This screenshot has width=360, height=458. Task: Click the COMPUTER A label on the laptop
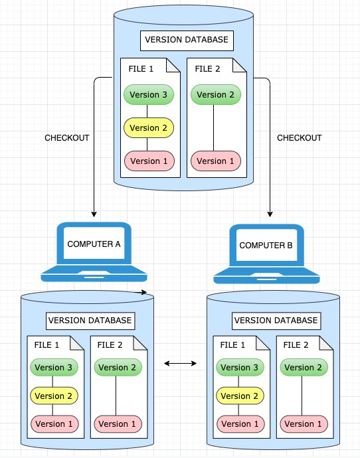[x=94, y=244]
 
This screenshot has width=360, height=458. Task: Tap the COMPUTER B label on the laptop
[x=266, y=246]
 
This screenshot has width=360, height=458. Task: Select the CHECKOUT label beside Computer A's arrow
[x=66, y=138]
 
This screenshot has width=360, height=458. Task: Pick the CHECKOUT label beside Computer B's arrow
[x=299, y=138]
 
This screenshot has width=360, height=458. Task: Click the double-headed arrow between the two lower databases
[x=181, y=363]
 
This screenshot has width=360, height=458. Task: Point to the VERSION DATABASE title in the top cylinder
[x=186, y=40]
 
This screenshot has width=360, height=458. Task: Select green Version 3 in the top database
[x=149, y=95]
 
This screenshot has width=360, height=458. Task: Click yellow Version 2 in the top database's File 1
[x=149, y=128]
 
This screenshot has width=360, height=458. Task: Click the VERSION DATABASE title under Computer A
[x=90, y=321]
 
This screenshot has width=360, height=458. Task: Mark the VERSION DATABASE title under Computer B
[x=276, y=321]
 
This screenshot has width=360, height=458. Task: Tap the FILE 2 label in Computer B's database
[x=296, y=345]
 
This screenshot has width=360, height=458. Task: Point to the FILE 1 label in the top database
[x=141, y=69]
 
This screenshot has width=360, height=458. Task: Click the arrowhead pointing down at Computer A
[x=94, y=214]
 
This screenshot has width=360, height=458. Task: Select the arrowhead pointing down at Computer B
[x=270, y=214]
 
